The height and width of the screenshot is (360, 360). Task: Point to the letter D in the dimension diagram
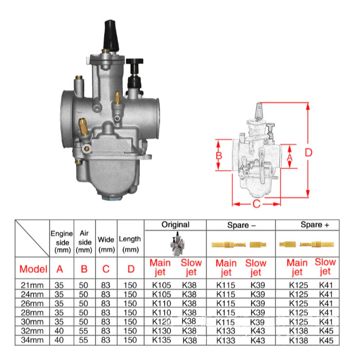[x=308, y=152]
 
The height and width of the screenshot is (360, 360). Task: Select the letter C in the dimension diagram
[x=256, y=204]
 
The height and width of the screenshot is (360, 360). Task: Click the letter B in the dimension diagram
[x=219, y=156]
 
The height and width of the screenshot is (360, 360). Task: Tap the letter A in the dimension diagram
[x=290, y=157]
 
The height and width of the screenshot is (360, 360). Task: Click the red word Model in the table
[x=33, y=269]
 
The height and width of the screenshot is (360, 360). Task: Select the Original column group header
[x=175, y=225]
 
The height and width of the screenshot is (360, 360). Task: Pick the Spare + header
[x=315, y=225]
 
